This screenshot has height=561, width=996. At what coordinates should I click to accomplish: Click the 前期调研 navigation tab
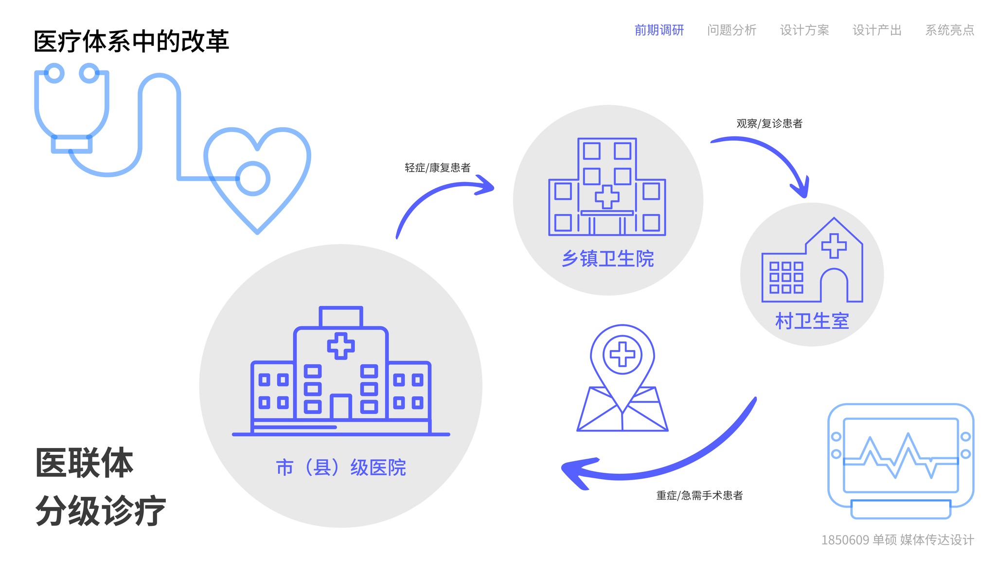pyautogui.click(x=659, y=30)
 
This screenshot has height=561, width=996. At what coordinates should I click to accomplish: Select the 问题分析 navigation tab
pyautogui.click(x=731, y=30)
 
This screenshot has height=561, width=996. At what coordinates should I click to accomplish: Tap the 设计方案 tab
pyautogui.click(x=804, y=30)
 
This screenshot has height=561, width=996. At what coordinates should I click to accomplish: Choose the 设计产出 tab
pyautogui.click(x=877, y=30)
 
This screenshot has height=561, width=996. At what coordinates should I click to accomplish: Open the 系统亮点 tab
pyautogui.click(x=949, y=30)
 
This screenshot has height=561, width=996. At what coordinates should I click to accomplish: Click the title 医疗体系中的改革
pyautogui.click(x=131, y=41)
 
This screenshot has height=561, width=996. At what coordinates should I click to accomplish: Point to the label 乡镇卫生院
pyautogui.click(x=607, y=259)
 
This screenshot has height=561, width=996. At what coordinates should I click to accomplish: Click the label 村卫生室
pyautogui.click(x=812, y=321)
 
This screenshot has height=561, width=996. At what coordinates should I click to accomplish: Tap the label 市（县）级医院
pyautogui.click(x=341, y=467)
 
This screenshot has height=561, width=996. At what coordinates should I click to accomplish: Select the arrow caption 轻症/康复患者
pyautogui.click(x=437, y=168)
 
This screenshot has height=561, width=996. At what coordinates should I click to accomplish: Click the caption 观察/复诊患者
pyautogui.click(x=769, y=124)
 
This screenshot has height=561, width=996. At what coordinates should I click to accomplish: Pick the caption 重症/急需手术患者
pyautogui.click(x=699, y=496)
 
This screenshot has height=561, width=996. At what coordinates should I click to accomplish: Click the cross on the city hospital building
pyautogui.click(x=341, y=346)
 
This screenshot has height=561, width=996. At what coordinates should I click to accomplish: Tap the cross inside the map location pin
pyautogui.click(x=622, y=354)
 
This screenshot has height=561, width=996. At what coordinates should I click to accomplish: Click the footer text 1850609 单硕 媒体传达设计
pyautogui.click(x=897, y=540)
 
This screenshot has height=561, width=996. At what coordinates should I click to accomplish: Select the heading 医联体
pyautogui.click(x=84, y=463)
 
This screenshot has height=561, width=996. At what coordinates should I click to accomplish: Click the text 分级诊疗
pyautogui.click(x=101, y=511)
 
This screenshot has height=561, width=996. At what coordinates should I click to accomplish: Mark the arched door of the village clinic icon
pyautogui.click(x=834, y=287)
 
